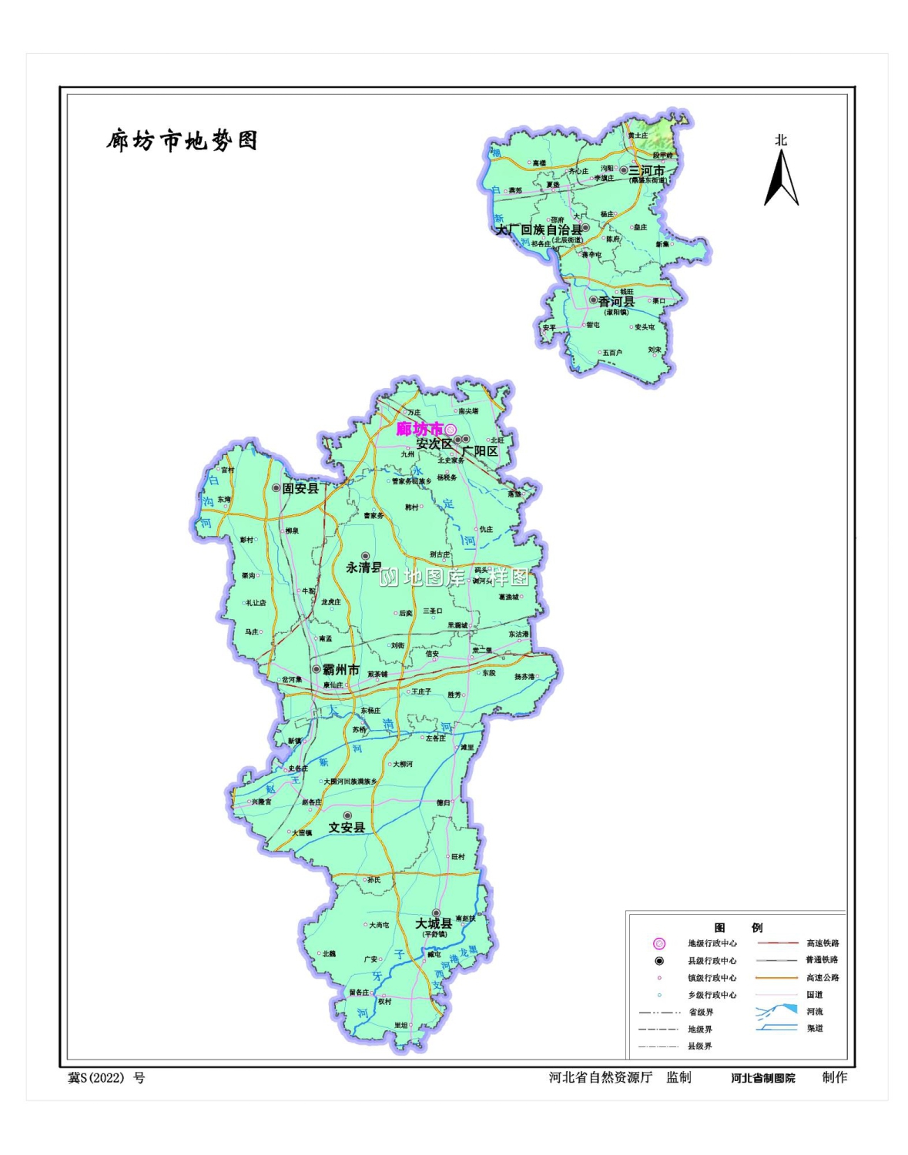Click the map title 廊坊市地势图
(x=182, y=141)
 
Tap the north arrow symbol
(x=781, y=178)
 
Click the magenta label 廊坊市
(x=419, y=429)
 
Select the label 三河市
(x=647, y=170)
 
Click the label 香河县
(x=617, y=302)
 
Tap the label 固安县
(x=300, y=488)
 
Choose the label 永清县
(x=364, y=567)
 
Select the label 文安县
(x=347, y=827)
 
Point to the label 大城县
(x=434, y=923)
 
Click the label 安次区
(x=434, y=444)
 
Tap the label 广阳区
(x=481, y=451)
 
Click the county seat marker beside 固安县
(x=276, y=487)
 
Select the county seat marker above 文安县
(x=347, y=815)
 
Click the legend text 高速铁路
(x=823, y=943)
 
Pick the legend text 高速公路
(x=823, y=978)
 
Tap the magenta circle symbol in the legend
(x=659, y=943)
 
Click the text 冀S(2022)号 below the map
(x=106, y=1078)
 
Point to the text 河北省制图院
(x=763, y=1078)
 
